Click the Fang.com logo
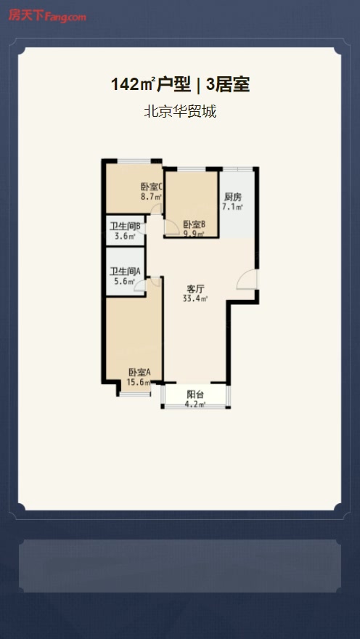click(x=47, y=16)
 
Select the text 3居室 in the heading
click(x=228, y=85)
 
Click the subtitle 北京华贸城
click(x=180, y=111)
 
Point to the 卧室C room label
click(x=152, y=187)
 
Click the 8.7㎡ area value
click(x=152, y=197)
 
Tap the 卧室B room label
click(x=194, y=224)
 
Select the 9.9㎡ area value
click(x=194, y=233)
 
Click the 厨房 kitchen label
click(x=232, y=197)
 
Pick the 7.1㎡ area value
click(x=232, y=207)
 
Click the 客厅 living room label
click(x=195, y=289)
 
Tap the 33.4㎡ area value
click(x=195, y=298)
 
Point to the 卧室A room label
click(x=139, y=372)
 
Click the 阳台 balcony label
click(x=195, y=394)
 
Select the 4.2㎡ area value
click(x=195, y=404)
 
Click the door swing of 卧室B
click(x=173, y=227)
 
